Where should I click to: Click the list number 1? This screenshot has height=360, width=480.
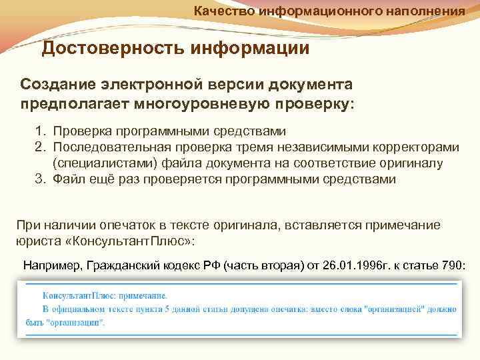[x=39, y=131]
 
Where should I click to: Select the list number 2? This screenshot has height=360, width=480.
[x=39, y=147]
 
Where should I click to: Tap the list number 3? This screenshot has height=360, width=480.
[x=39, y=179]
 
